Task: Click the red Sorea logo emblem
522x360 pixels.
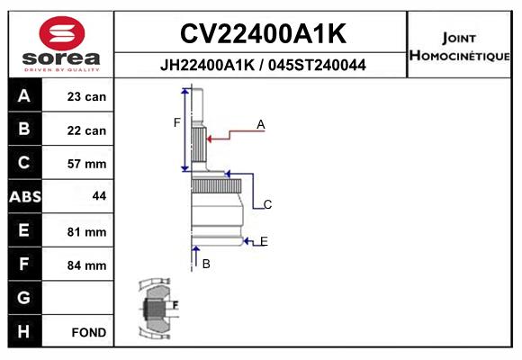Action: click(62, 33)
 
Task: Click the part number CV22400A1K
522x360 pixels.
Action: click(263, 33)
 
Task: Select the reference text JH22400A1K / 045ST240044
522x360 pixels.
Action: click(263, 65)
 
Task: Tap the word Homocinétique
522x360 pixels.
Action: click(459, 55)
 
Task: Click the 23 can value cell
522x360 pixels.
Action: click(86, 96)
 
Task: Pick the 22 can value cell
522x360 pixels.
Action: click(86, 130)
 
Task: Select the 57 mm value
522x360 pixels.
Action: click(86, 164)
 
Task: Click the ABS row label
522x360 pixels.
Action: click(25, 196)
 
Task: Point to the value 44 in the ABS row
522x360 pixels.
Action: click(99, 196)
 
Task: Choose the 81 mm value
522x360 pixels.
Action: click(86, 232)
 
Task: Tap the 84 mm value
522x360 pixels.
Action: click(86, 265)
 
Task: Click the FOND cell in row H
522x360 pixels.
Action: click(89, 332)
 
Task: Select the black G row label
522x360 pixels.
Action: click(24, 297)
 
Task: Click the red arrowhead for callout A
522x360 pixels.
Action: click(210, 139)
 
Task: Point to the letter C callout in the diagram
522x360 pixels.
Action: click(267, 204)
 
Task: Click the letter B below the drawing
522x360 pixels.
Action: click(206, 264)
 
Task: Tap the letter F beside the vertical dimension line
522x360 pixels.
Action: click(176, 123)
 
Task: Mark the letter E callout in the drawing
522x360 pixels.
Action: click(264, 241)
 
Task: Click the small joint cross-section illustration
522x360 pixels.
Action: click(158, 308)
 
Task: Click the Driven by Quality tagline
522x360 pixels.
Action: click(62, 70)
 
